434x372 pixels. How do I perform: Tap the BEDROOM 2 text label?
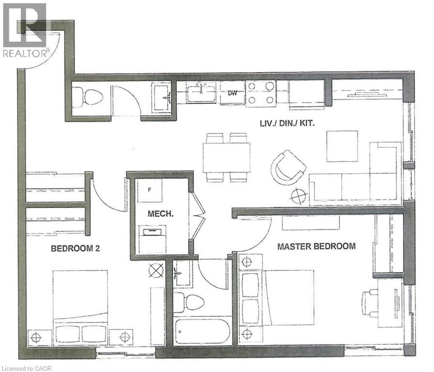pyautogui.click(x=76, y=249)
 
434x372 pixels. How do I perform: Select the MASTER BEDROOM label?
pyautogui.click(x=316, y=246)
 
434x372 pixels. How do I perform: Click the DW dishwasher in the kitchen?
pyautogui.click(x=232, y=93)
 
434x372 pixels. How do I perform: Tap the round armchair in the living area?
pyautogui.click(x=288, y=167)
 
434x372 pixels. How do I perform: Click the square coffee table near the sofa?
pyautogui.click(x=341, y=146)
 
